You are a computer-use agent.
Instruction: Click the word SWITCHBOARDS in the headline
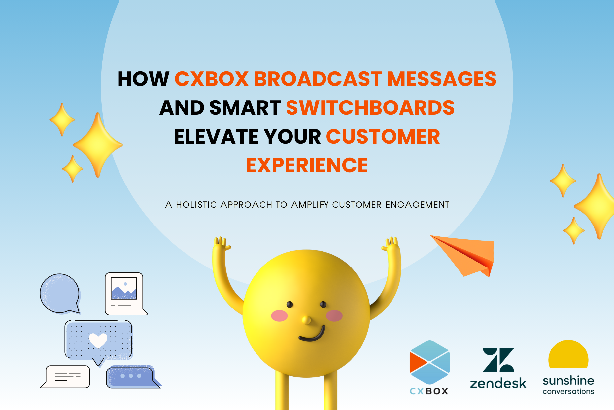(x=370, y=108)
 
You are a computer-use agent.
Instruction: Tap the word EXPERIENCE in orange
(x=307, y=165)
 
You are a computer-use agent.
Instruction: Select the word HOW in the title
(x=143, y=79)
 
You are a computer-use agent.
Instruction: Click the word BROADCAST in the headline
(x=318, y=79)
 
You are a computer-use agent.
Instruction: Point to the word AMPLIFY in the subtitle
(x=310, y=205)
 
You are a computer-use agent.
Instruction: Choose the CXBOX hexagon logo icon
(x=429, y=362)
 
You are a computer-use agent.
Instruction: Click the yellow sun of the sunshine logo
(x=568, y=354)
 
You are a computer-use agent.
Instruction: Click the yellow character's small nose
(x=306, y=320)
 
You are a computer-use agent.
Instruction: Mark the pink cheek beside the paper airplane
(x=334, y=316)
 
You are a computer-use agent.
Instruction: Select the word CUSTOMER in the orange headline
(x=383, y=137)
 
